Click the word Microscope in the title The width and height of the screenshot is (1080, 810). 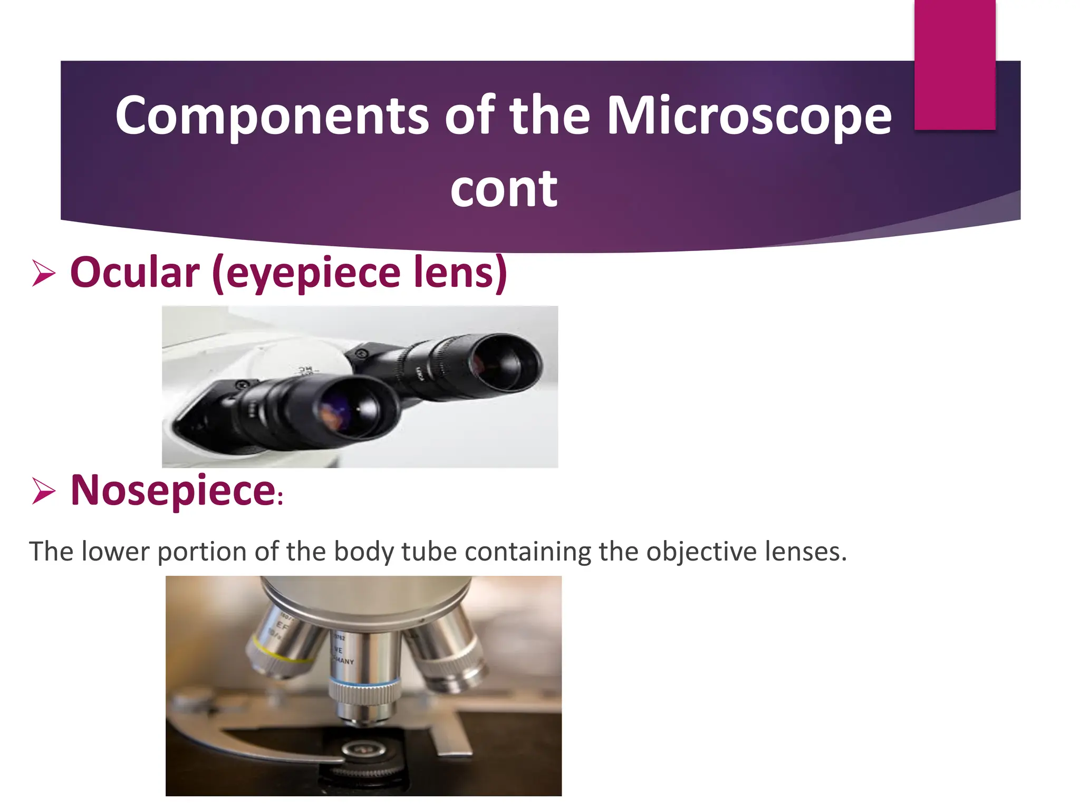[x=749, y=115]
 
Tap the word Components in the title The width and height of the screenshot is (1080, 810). [x=272, y=115]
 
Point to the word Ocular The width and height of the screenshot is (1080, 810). [x=135, y=273]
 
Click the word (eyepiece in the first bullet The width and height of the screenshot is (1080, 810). [x=306, y=273]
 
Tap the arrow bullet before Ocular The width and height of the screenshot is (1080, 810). [x=44, y=273]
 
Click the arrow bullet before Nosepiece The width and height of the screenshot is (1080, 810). [x=44, y=490]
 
